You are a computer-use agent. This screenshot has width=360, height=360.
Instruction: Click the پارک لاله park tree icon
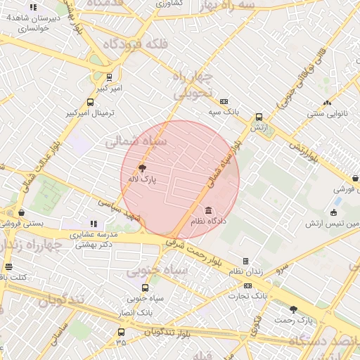pyautogui.click(x=143, y=167)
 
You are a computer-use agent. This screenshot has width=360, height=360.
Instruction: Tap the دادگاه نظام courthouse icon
pyautogui.click(x=209, y=210)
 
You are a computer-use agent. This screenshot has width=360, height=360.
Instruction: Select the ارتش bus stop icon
pyautogui.click(x=259, y=117)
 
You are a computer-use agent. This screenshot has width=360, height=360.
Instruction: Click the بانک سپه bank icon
pyautogui.click(x=224, y=101)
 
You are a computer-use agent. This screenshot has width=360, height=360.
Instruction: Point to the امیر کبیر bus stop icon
pyautogui.click(x=109, y=77)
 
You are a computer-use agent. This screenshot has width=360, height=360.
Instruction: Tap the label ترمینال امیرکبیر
pyautogui.click(x=89, y=112)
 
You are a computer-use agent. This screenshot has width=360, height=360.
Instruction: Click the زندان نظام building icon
pyautogui.click(x=245, y=261)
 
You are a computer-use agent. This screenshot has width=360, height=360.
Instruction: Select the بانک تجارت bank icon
pyautogui.click(x=247, y=285)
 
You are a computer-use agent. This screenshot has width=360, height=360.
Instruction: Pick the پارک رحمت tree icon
pyautogui.click(x=293, y=309)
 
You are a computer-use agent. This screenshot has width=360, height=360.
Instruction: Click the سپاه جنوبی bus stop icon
pyautogui.click(x=146, y=287)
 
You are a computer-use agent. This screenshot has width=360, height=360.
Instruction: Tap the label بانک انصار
pyautogui.click(x=136, y=311)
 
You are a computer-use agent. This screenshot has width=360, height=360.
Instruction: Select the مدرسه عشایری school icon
pyautogui.click(x=94, y=224)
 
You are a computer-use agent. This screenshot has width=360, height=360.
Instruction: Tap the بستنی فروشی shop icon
pyautogui.click(x=22, y=212)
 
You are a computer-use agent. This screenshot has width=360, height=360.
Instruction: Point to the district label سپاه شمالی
pyautogui.click(x=136, y=141)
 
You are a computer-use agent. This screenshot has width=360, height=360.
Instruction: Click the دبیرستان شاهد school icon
pyautogui.click(x=33, y=7)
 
